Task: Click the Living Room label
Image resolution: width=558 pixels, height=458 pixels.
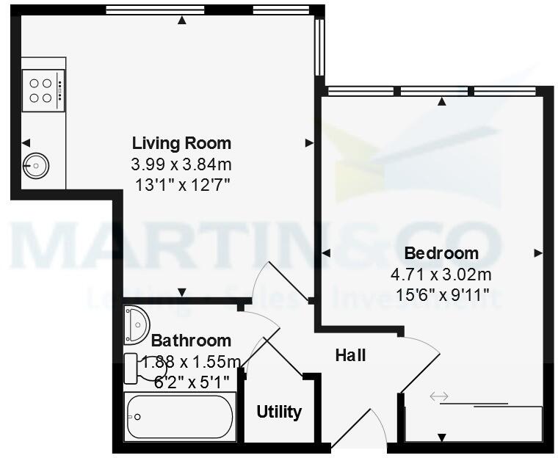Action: (181, 143)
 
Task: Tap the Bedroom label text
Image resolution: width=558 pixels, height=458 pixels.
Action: (441, 253)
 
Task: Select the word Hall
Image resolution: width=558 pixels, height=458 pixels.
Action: (350, 356)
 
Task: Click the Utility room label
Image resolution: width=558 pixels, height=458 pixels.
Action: (279, 412)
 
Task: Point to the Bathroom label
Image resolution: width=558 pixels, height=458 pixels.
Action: (191, 341)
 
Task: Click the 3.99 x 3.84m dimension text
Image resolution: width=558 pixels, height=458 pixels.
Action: (181, 164)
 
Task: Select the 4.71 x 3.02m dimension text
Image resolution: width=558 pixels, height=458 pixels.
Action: (441, 275)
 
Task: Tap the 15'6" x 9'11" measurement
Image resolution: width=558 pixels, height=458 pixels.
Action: (441, 297)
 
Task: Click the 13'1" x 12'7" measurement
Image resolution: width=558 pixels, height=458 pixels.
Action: (181, 184)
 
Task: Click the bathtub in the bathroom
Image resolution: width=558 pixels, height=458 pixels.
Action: (181, 417)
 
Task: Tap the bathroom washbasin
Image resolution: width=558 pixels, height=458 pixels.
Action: (137, 324)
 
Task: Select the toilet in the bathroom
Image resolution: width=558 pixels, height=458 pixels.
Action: (135, 367)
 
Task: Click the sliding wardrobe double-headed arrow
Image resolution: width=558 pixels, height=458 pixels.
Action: (439, 397)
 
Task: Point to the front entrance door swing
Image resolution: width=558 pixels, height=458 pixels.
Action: (360, 429)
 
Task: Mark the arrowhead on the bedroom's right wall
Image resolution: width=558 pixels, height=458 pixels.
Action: (538, 253)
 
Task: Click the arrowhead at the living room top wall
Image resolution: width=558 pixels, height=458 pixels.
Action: (181, 21)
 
